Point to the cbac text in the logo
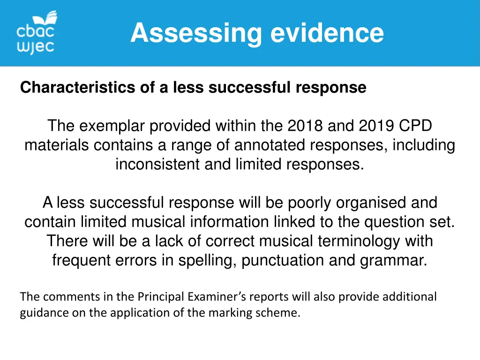point(36,32)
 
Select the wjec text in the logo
point(36,47)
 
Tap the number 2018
point(306,126)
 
